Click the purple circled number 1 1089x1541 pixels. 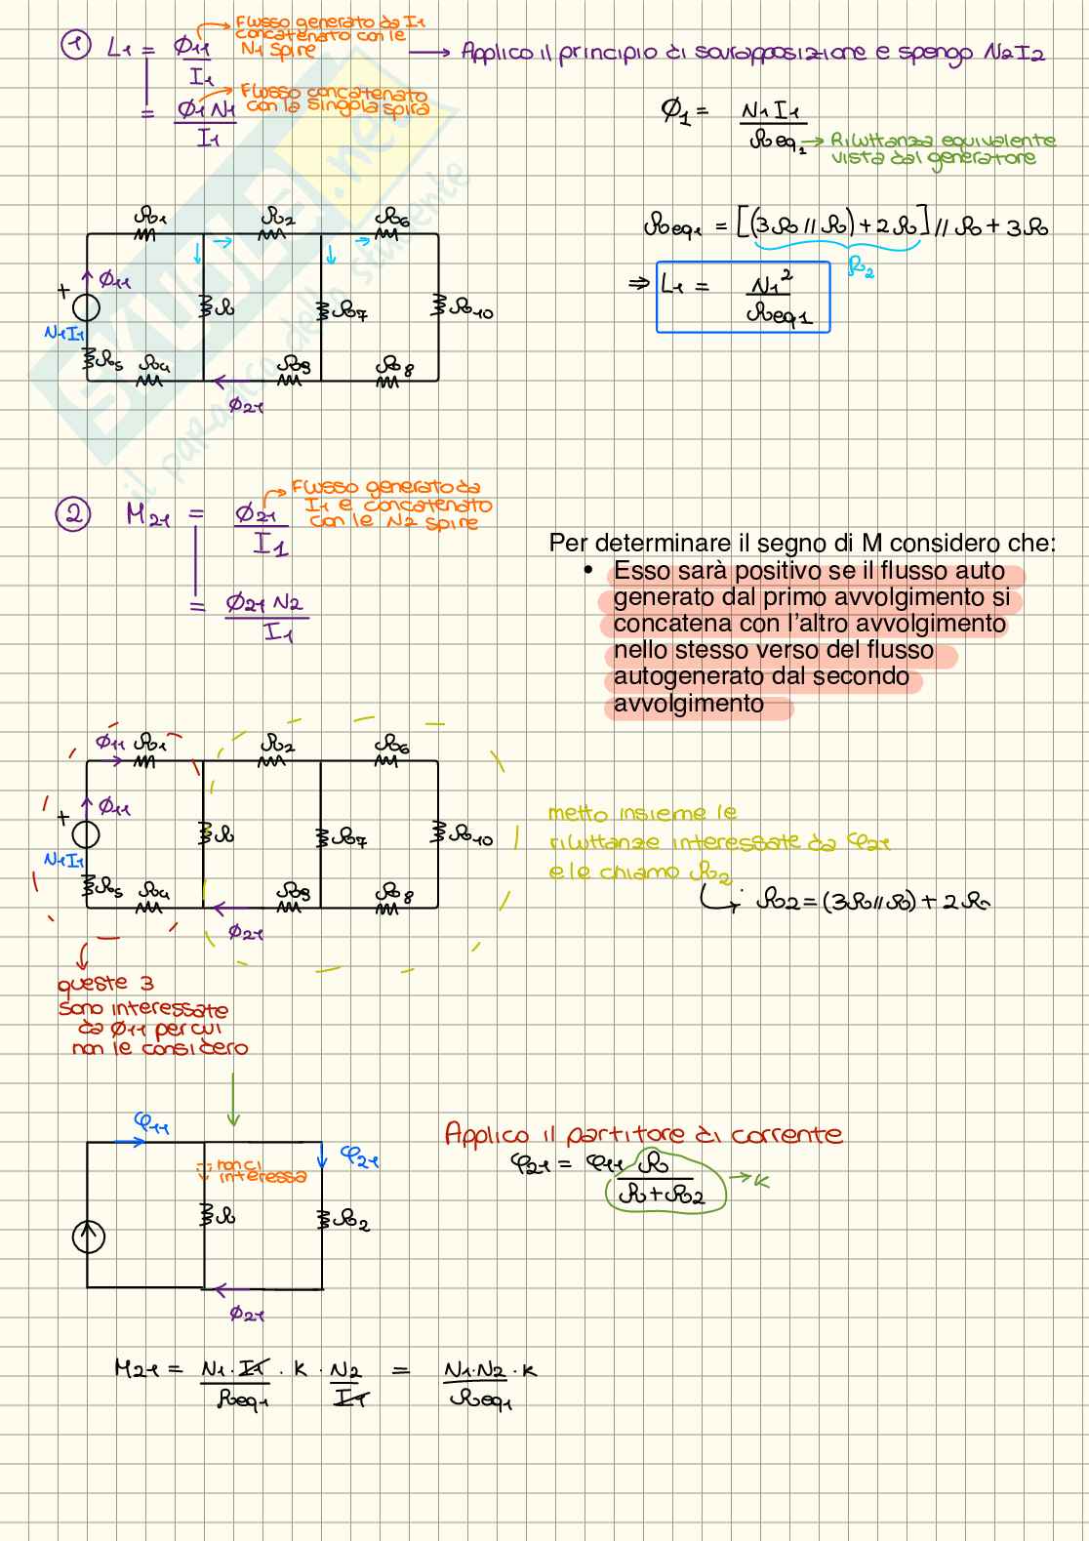(76, 45)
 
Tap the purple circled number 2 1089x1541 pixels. (73, 513)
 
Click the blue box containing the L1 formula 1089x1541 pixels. (743, 297)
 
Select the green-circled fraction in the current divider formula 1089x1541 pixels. (665, 1182)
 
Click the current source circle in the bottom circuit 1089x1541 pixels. (88, 1237)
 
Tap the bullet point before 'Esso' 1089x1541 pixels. (588, 570)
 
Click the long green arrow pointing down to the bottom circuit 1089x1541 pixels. (232, 1101)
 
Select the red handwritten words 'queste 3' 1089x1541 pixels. (105, 984)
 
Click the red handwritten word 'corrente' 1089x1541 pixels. (786, 1135)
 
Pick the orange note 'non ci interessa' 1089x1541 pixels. (256, 1171)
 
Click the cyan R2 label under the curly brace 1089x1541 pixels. (861, 266)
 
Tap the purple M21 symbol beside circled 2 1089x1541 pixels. (148, 514)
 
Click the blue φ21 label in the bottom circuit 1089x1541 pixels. (359, 1157)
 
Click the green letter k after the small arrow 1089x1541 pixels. (762, 1182)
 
